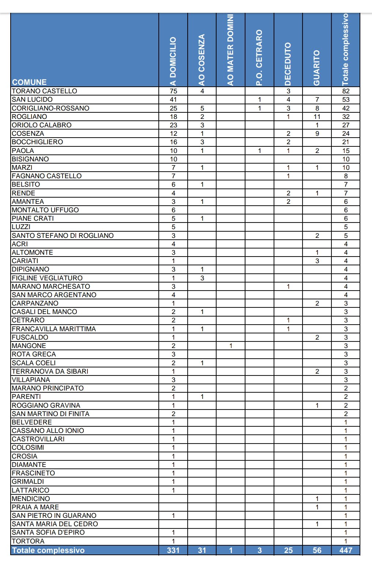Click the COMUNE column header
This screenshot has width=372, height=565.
(29, 82)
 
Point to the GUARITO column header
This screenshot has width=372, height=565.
(317, 68)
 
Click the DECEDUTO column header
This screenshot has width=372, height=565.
(288, 64)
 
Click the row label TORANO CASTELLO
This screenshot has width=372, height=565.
(44, 91)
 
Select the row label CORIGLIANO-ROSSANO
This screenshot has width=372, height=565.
(50, 108)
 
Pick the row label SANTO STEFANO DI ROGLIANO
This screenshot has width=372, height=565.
(63, 236)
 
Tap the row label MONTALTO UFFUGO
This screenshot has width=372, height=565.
(45, 210)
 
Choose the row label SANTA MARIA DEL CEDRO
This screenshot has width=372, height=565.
(55, 524)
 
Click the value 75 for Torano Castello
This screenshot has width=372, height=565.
(173, 91)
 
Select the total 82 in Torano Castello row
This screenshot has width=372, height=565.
(346, 91)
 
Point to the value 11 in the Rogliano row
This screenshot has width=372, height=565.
(317, 117)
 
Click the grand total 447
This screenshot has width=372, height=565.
(346, 550)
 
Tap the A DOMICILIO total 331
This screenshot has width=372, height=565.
(173, 550)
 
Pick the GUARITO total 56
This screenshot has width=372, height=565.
(317, 550)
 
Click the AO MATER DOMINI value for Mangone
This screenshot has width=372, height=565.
(231, 346)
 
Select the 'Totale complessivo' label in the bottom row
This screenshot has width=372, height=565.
(48, 550)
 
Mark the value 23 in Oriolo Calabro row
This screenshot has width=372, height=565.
(173, 125)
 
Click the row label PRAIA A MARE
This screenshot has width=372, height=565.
(35, 507)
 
